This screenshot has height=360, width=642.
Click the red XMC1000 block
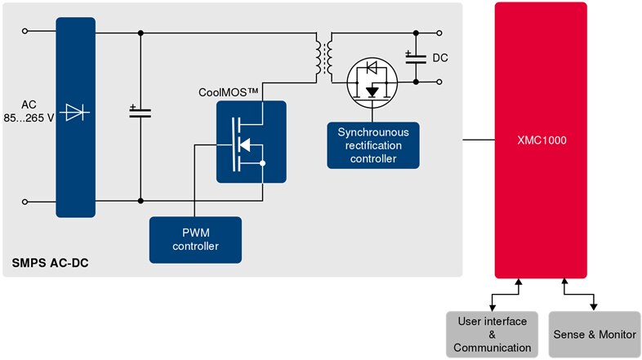(x=541, y=140)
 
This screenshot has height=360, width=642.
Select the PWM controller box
(x=195, y=239)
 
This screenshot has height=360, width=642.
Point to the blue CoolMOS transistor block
(x=251, y=141)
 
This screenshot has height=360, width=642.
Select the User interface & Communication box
(x=493, y=334)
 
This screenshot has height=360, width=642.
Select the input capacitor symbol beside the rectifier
(x=140, y=112)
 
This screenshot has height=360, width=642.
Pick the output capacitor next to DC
(x=415, y=56)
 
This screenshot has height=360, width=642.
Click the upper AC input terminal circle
(x=25, y=33)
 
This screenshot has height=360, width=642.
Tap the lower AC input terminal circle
(x=25, y=201)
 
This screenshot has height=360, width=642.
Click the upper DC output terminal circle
(x=439, y=33)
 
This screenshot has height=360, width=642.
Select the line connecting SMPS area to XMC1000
(x=479, y=140)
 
